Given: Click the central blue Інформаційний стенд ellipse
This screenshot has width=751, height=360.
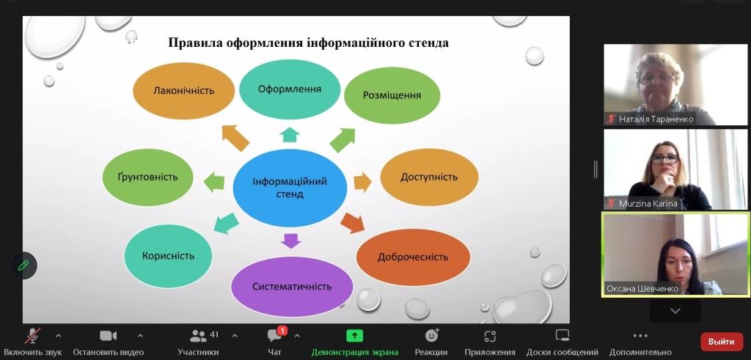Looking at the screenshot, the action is tap(290, 188).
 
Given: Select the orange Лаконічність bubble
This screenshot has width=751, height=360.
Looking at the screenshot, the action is tap(183, 90).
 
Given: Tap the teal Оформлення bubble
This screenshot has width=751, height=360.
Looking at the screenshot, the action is tap(290, 89).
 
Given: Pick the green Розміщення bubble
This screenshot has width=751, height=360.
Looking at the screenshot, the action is tap(392, 95).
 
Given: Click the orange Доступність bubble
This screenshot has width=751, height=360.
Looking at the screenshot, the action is tap(429, 177).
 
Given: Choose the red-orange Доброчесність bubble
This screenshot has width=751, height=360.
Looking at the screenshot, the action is tap(413, 257).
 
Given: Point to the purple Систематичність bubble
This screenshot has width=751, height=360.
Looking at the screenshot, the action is tap(292, 287).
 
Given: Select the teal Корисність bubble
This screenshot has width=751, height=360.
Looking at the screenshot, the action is tap(168, 256).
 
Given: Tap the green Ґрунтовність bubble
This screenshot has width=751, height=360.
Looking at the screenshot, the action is tap(147, 177).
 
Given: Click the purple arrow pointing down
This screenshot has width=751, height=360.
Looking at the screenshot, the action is tap(290, 240).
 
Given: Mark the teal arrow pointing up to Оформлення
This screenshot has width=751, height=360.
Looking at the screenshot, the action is tap(290, 135).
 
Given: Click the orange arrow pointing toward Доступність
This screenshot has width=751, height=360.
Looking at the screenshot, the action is tap(362, 183).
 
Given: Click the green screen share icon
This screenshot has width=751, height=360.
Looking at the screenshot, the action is tap(354, 336).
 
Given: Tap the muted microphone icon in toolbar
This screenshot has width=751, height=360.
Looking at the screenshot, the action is tap(32, 336).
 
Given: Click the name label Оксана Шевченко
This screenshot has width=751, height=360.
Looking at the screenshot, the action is tap(642, 289).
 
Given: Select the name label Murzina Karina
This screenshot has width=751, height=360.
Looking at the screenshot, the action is tap(648, 203).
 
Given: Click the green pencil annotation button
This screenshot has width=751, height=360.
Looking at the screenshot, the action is tap(23, 265).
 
